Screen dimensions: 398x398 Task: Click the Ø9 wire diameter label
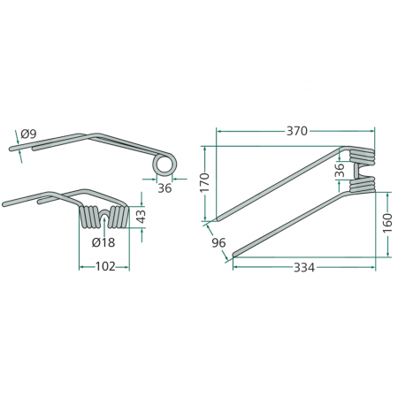click(x=28, y=134)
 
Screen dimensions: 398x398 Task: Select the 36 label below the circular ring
click(x=165, y=188)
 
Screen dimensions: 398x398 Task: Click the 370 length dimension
click(x=296, y=131)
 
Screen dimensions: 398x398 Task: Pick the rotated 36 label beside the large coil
click(x=341, y=172)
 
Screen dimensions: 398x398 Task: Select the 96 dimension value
click(x=218, y=243)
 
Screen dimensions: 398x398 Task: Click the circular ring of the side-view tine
click(x=164, y=165)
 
